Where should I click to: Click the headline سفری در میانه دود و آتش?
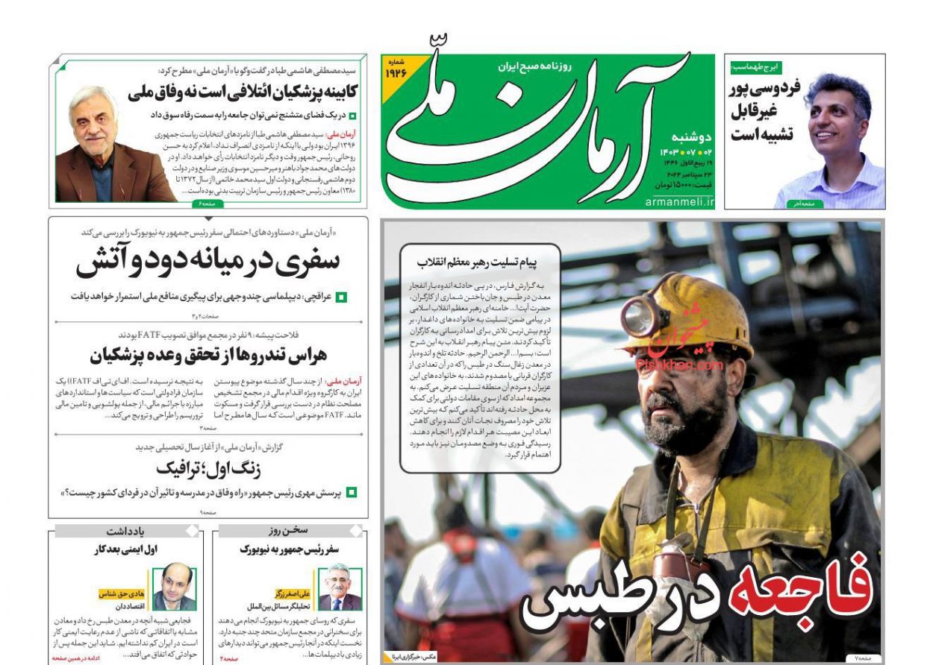tap(207, 262)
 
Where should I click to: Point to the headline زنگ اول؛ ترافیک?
tap(207, 467)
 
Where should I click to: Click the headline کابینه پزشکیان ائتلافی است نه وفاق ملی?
tap(243, 92)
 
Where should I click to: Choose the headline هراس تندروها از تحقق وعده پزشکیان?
tap(207, 355)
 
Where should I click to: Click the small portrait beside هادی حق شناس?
tap(172, 586)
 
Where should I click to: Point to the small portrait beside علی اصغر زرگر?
tap(340, 586)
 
